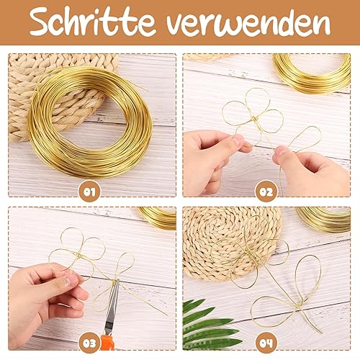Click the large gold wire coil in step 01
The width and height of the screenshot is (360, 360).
pos(90,115)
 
